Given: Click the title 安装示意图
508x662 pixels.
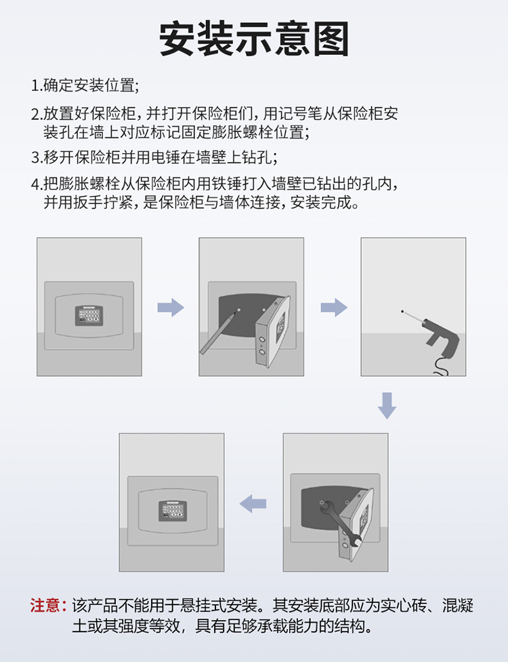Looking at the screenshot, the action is coord(254,39).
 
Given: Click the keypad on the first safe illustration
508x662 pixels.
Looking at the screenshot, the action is coord(89,315).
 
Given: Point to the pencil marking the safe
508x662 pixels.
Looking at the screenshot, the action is coord(218,333).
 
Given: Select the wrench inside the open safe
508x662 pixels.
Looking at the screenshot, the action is coord(341,524).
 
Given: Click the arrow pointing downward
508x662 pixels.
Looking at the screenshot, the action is coord(387,405).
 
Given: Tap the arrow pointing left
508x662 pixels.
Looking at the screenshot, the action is coord(253,503).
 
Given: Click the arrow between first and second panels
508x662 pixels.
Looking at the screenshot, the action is coord(171,308).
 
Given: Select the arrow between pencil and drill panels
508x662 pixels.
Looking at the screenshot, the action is coord(334,308).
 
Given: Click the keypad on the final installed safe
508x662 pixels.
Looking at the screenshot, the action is coord(173,510).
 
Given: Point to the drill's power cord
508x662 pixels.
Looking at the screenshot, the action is coord(442,367).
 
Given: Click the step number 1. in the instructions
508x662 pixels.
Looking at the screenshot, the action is coord(37,85).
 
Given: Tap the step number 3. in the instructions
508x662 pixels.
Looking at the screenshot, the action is coord(37,157).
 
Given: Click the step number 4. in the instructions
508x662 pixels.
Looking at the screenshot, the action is coord(37,184).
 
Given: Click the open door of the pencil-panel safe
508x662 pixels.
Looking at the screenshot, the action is coord(272,331).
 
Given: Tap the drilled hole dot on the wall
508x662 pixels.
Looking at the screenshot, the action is coord(402,312).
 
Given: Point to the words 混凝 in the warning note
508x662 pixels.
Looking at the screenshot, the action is coord(457,606).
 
